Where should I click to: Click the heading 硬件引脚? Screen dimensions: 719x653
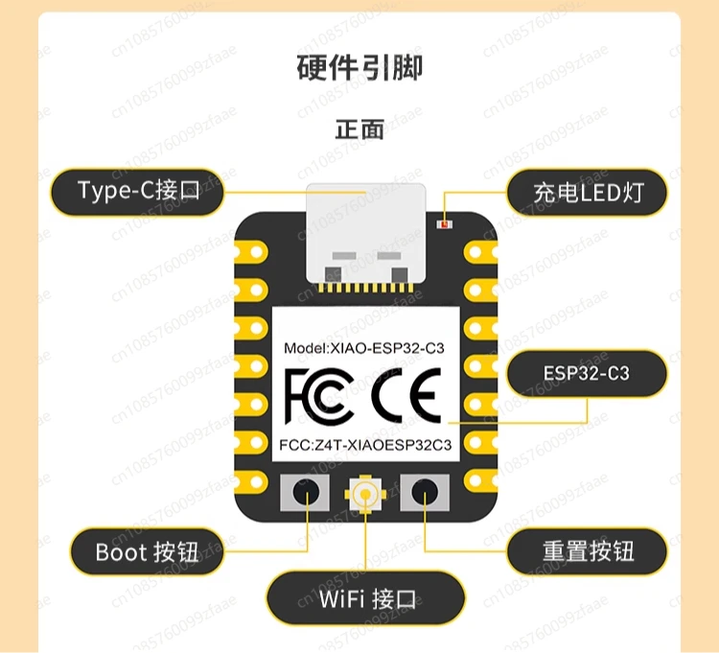point(359,69)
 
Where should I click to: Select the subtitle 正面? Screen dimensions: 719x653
point(359,129)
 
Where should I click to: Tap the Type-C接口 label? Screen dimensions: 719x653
point(138,191)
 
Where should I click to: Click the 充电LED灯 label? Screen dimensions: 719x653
point(587,193)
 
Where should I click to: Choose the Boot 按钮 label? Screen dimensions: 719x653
point(147,552)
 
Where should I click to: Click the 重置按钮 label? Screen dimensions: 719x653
point(587,551)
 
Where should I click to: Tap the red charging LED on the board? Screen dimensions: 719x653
point(444,223)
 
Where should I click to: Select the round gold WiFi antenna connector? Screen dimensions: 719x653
point(365,494)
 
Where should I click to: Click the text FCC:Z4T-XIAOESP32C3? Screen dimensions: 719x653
point(365,445)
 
